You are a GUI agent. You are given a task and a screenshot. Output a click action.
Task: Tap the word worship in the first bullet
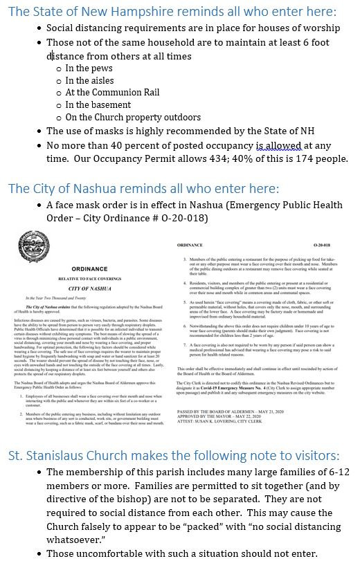pyautogui.click(x=321, y=28)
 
